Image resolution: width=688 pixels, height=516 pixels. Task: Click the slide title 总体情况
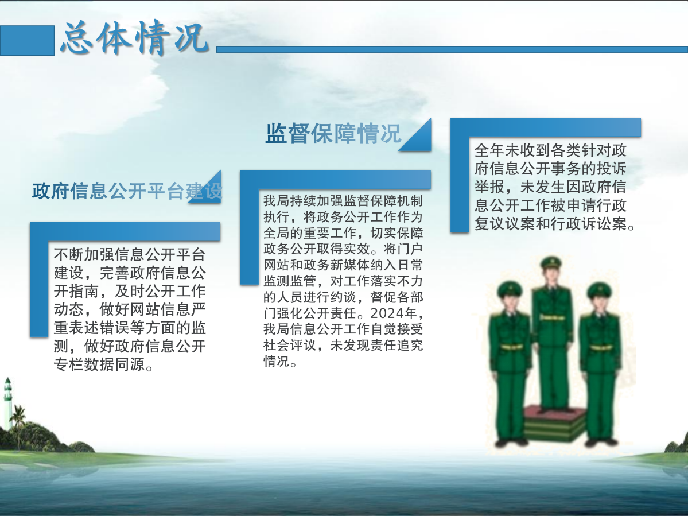point(134,38)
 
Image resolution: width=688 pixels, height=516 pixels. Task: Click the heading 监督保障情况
point(333,133)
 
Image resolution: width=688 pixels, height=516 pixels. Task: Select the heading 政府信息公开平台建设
point(127,191)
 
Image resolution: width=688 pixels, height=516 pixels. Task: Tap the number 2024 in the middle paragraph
point(387,313)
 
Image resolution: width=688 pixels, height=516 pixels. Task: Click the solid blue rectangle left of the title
point(27,40)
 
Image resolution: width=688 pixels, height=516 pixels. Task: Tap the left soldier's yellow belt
point(511,347)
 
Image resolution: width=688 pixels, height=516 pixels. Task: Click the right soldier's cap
point(600,289)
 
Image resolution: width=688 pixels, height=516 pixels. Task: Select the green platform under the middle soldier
point(555,423)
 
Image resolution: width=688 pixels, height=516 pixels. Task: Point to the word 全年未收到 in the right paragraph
point(512,150)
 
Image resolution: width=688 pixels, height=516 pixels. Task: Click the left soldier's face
point(510,302)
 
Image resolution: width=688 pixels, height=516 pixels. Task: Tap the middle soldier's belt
point(552,317)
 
